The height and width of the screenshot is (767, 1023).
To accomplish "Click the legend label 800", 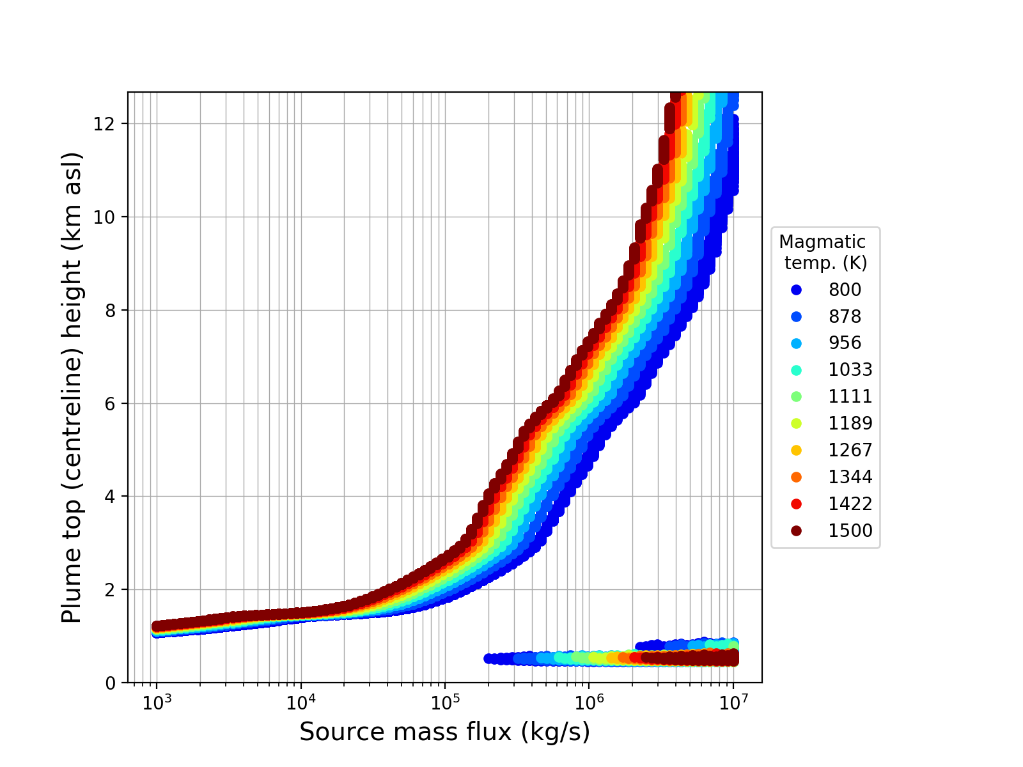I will tap(845, 290).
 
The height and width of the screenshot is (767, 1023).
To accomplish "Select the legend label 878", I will tap(845, 316).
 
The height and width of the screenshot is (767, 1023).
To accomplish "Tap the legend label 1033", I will tap(850, 369).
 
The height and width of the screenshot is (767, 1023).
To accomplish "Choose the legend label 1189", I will tap(850, 423).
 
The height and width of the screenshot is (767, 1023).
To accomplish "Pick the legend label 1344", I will tap(850, 477).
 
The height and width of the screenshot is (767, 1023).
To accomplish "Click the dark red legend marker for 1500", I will tap(796, 531).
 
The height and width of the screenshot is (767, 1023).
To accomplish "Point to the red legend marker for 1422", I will tap(796, 504).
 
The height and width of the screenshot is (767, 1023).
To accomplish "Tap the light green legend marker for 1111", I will tap(796, 396).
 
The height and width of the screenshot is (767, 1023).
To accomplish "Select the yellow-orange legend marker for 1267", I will tap(796, 450).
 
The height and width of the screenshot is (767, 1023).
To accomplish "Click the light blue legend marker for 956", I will tap(796, 343).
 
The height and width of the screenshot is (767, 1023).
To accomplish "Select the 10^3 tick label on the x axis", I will tap(157, 702).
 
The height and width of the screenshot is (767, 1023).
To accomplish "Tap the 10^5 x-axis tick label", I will tap(445, 702).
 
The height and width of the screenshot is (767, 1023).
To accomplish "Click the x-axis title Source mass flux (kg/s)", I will tap(444, 732).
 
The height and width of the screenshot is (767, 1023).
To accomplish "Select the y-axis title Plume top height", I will tap(72, 387).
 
